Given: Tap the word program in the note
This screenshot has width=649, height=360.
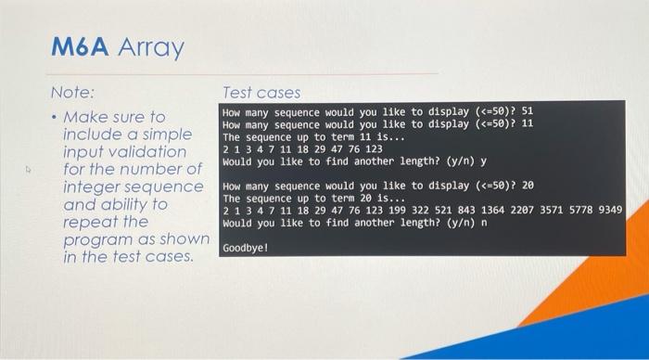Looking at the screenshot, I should click(99, 239).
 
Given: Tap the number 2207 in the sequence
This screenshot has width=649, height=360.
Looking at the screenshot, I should click(502, 211).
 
